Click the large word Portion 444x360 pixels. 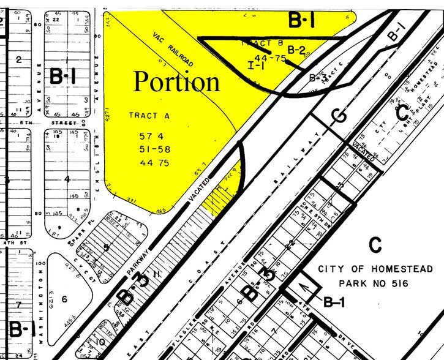click(x=176, y=81)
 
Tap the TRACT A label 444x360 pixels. click(x=147, y=115)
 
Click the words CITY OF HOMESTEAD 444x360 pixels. click(x=375, y=269)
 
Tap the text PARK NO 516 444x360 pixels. click(x=375, y=283)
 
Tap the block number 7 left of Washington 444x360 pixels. click(x=19, y=304)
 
